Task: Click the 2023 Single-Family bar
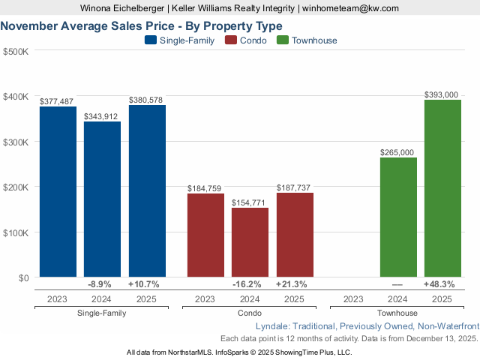[x=58, y=192]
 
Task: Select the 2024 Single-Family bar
[x=102, y=199]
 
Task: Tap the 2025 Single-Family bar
[x=147, y=191]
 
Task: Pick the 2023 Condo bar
[x=205, y=235]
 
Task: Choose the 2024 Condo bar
[x=250, y=242]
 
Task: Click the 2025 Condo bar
[x=295, y=235]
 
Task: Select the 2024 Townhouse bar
[x=397, y=217]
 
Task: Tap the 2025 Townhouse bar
[x=442, y=188]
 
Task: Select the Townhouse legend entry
[x=307, y=40]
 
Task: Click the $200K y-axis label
[x=16, y=187]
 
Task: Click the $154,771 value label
[x=250, y=202]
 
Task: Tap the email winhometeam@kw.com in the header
[x=350, y=8]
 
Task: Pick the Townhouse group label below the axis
[x=397, y=313]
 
